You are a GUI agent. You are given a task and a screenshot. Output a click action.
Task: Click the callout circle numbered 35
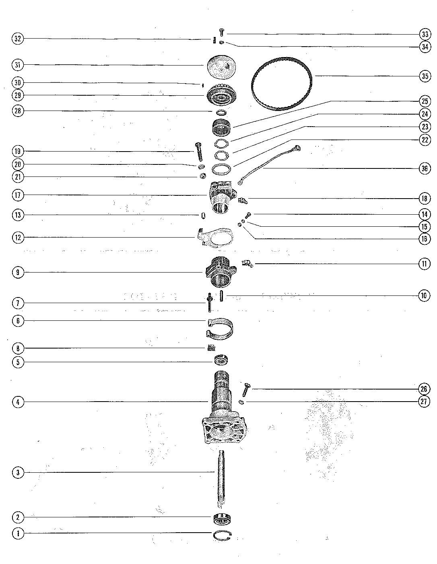pos(425,76)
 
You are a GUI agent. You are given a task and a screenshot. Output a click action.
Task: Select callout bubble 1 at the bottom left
pos(18,533)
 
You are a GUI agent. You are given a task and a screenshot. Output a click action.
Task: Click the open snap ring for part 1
pos(222,534)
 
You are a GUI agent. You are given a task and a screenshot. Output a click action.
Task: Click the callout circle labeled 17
pos(18,195)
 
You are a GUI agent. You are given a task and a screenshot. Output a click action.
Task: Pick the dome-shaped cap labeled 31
pos(221,67)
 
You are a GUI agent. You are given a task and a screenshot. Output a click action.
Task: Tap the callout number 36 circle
pos(425,168)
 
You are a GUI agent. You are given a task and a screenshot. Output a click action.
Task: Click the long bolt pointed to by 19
pos(199,151)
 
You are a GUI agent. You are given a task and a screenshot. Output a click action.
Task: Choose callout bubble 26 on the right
pos(425,389)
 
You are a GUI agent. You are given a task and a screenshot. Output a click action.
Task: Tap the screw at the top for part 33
pos(222,32)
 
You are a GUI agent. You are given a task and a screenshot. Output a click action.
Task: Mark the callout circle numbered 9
pos(18,273)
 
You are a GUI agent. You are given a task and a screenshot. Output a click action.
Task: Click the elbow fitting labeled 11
pos(247,263)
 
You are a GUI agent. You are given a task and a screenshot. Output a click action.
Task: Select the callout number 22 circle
pos(425,139)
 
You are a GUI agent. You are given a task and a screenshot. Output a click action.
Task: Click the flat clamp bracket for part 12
pos(217,237)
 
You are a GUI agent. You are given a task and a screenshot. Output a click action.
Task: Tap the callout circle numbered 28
pos(18,111)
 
